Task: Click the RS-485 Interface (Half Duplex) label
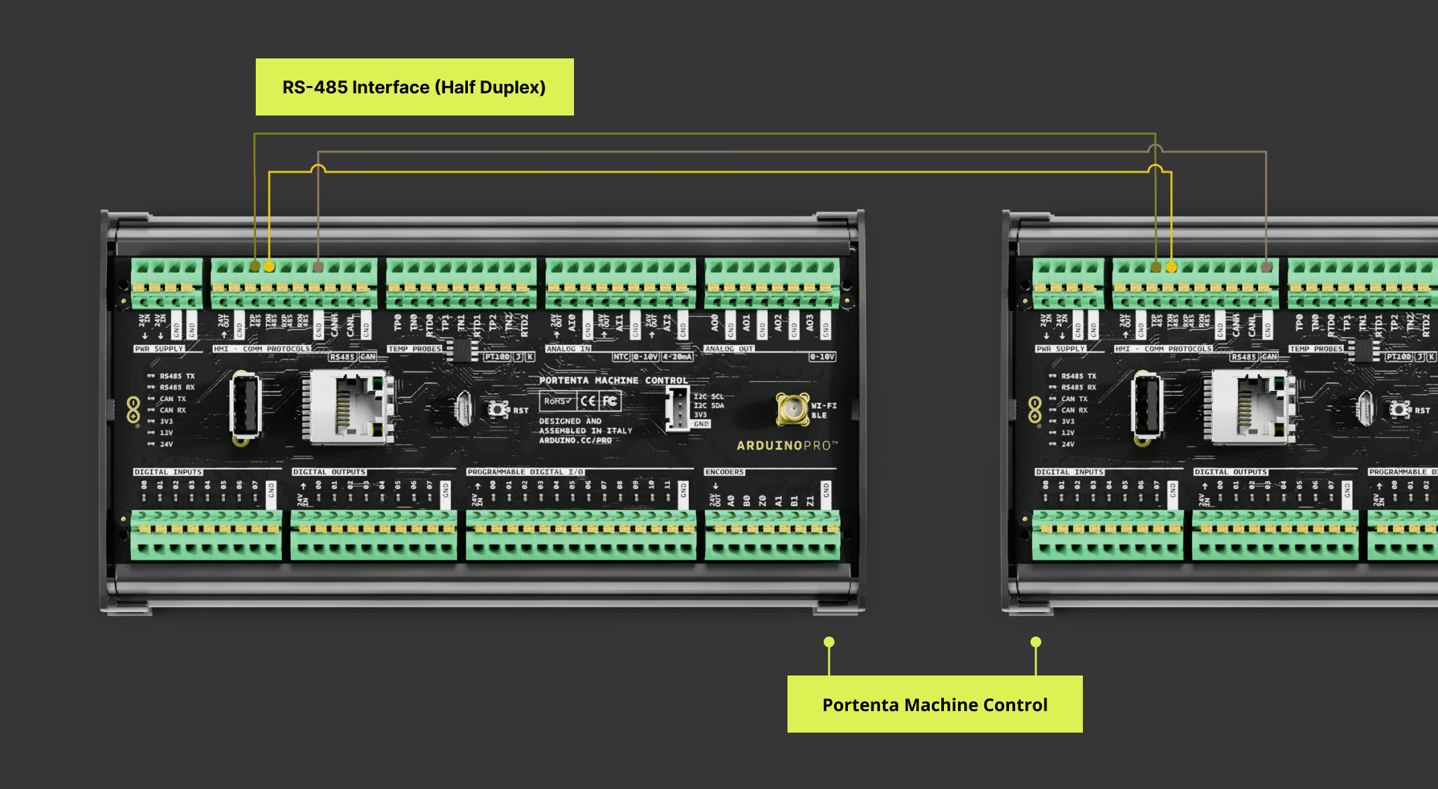point(414,87)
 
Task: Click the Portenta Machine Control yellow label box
point(934,704)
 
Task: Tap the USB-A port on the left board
point(245,407)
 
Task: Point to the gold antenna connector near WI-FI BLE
point(793,409)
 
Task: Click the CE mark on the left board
point(588,402)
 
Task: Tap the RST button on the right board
point(1399,409)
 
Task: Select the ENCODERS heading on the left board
point(724,472)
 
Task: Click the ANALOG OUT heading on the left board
point(729,349)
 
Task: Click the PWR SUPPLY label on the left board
point(159,349)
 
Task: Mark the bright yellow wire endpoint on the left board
point(269,267)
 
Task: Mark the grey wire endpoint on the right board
point(1266,267)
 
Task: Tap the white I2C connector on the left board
point(677,409)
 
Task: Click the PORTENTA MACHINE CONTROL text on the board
point(613,381)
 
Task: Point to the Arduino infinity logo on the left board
point(133,409)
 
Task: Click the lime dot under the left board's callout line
point(829,642)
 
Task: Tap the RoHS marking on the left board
point(558,402)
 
